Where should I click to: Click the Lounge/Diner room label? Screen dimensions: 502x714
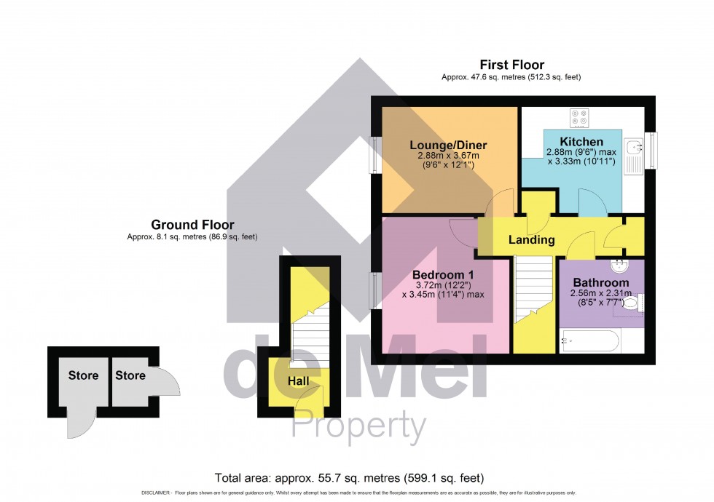pyautogui.click(x=448, y=146)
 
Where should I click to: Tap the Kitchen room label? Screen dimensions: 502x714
pyautogui.click(x=581, y=141)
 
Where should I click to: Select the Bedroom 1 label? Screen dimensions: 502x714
pyautogui.click(x=443, y=274)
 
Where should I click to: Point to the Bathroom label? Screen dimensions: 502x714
pyautogui.click(x=600, y=282)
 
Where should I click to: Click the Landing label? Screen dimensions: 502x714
pyautogui.click(x=531, y=240)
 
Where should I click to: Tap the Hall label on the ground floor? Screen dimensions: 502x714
pyautogui.click(x=298, y=381)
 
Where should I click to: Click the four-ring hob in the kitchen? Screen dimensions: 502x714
pyautogui.click(x=581, y=118)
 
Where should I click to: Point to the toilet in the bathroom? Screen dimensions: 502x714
pyautogui.click(x=631, y=303)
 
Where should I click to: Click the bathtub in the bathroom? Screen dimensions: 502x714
pyautogui.click(x=590, y=340)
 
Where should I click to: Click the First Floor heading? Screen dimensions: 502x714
pyautogui.click(x=511, y=65)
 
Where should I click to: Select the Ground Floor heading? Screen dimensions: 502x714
pyautogui.click(x=192, y=225)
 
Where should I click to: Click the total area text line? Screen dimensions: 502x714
pyautogui.click(x=349, y=478)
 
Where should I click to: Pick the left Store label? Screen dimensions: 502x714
pyautogui.click(x=83, y=376)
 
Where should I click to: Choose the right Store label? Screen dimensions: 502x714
pyautogui.click(x=130, y=376)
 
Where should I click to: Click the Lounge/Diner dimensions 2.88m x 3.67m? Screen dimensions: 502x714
pyautogui.click(x=448, y=156)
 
